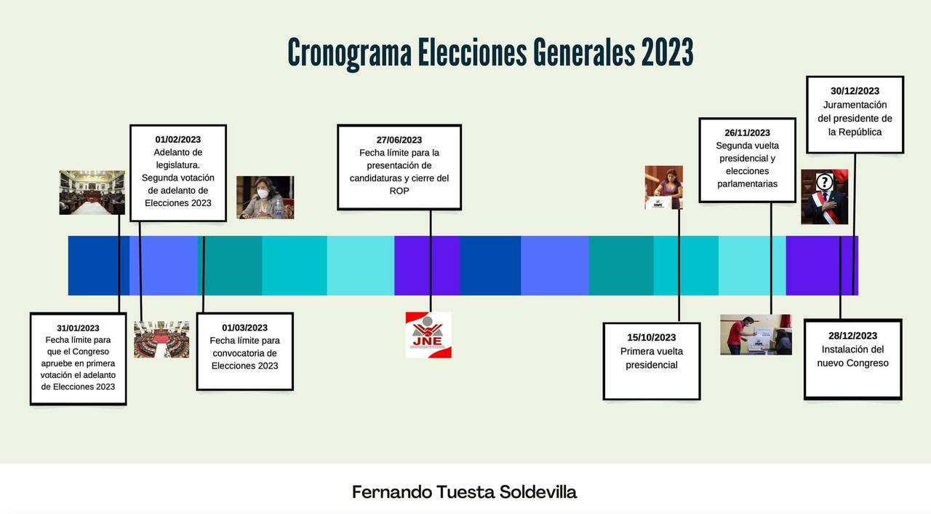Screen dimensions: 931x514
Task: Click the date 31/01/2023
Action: tap(78, 328)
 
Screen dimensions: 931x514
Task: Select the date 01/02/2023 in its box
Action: tap(178, 139)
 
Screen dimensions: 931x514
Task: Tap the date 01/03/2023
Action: tap(245, 328)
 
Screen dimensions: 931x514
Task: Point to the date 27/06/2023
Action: tap(399, 140)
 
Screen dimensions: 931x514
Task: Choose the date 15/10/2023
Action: tap(651, 337)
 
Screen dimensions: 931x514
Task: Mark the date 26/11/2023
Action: tap(747, 133)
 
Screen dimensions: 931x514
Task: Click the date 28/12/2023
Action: tap(852, 336)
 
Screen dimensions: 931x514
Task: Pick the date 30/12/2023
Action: tap(855, 91)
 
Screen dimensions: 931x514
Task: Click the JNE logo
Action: tap(428, 335)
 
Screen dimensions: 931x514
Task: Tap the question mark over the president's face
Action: tap(825, 182)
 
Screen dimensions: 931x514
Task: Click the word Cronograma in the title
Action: tap(350, 53)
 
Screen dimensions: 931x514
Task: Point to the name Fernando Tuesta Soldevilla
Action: tap(464, 492)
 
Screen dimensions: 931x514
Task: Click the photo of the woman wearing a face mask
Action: tap(265, 197)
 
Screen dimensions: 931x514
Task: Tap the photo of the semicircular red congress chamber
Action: tap(161, 339)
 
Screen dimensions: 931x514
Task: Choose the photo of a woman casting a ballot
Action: tap(664, 187)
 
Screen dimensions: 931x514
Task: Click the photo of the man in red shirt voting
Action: tap(756, 335)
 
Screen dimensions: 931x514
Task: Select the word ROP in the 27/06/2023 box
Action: tap(399, 191)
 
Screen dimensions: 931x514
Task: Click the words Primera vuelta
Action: tap(651, 352)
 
